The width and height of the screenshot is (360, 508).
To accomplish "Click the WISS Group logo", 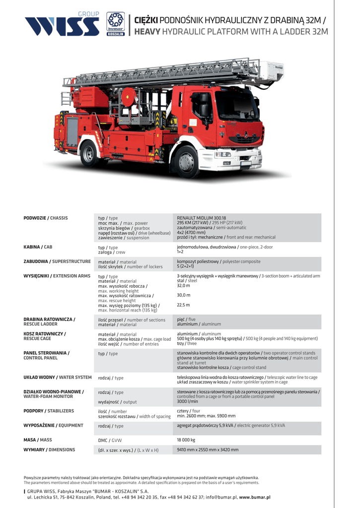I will (x=62, y=25).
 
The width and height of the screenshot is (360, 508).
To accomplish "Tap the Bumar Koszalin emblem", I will (x=115, y=25).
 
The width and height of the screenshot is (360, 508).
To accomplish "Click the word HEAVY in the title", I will (x=148, y=31).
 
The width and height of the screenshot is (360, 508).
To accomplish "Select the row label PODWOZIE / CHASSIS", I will (x=46, y=218).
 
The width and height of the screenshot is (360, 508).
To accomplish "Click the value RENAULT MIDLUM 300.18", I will (x=201, y=218).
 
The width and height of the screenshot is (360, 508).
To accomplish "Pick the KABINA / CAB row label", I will (x=38, y=247).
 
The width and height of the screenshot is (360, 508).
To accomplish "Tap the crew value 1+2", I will (x=180, y=252).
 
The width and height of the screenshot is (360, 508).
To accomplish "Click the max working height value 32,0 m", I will (x=183, y=286).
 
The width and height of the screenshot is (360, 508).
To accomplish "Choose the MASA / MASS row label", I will (x=38, y=440).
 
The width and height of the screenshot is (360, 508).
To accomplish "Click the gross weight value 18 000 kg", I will (x=186, y=440).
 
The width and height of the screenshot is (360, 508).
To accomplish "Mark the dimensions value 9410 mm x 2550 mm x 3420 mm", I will (x=208, y=449).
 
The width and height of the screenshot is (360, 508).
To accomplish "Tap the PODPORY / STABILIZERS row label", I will (x=49, y=411).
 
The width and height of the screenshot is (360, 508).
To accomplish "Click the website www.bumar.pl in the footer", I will (x=255, y=497).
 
